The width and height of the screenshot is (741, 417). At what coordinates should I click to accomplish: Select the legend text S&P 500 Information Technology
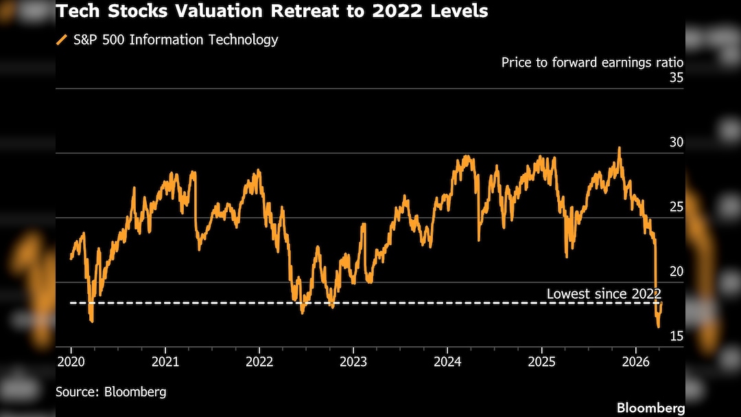pos(176,40)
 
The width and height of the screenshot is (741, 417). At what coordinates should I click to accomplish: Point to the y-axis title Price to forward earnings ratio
pos(592,63)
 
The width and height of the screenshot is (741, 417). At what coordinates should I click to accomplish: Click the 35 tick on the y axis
pos(676,78)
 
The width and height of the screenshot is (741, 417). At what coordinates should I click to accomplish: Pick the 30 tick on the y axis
pos(676,142)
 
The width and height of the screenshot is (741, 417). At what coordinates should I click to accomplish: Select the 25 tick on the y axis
pos(676,207)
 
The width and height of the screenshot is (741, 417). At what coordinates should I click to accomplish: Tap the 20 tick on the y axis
pos(676,271)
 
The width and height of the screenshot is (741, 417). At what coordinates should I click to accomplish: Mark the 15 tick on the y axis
pos(676,335)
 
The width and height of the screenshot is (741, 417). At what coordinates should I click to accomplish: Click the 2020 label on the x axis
pos(71,361)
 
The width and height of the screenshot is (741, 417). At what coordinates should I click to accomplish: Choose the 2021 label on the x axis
pos(165,361)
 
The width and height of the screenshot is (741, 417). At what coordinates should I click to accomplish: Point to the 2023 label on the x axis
pos(353,361)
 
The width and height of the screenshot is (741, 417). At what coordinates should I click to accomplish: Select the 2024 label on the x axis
pos(447,361)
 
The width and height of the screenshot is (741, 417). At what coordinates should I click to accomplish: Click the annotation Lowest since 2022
pos(604,294)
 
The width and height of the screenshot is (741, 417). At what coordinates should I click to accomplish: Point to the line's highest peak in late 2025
pos(620,148)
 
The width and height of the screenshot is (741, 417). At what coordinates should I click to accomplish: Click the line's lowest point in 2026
pos(659,326)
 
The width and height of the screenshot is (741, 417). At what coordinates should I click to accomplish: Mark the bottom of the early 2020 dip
pos(91,321)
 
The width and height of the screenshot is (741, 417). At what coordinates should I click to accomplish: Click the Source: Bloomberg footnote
pos(111,392)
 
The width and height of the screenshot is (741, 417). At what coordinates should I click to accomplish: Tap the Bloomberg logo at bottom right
pos(650,408)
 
